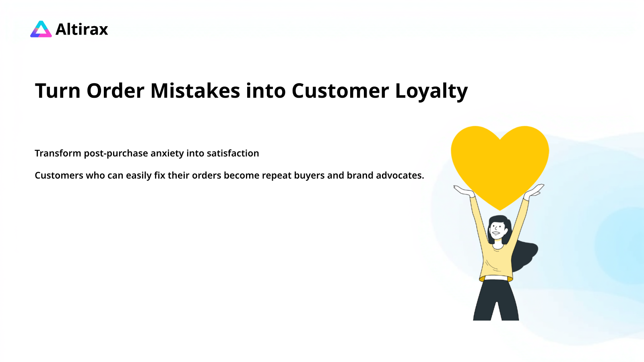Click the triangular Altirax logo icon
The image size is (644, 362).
click(x=41, y=29)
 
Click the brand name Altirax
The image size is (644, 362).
click(x=82, y=29)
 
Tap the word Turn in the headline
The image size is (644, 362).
click(x=58, y=91)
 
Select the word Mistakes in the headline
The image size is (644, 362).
click(x=195, y=91)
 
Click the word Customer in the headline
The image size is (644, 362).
click(x=340, y=91)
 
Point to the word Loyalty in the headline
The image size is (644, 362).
click(x=431, y=91)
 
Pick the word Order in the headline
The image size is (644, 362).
click(x=115, y=91)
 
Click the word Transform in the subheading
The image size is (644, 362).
click(x=58, y=153)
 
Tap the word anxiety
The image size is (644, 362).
click(x=167, y=154)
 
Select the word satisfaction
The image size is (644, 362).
click(x=233, y=153)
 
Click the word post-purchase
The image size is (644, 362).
click(x=116, y=154)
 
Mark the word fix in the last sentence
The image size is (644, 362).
click(x=159, y=175)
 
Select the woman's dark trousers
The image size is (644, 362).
click(x=496, y=300)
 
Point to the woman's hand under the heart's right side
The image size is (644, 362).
click(x=535, y=191)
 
